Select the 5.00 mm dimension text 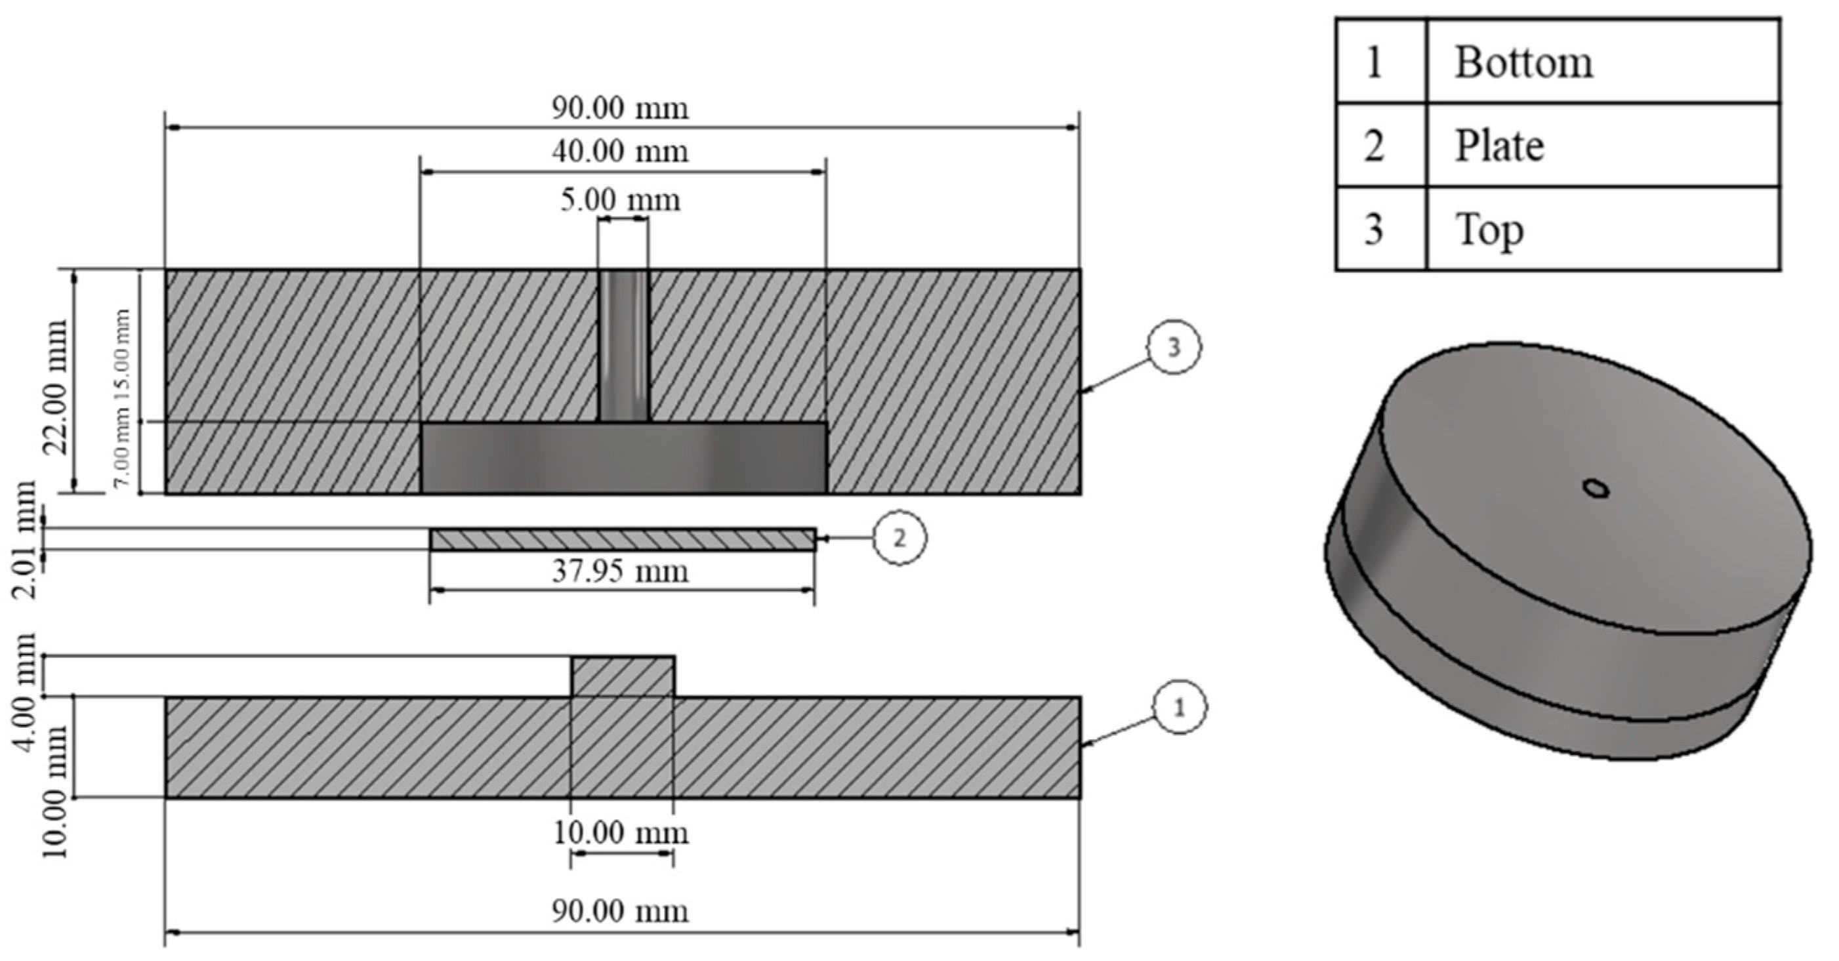pos(619,200)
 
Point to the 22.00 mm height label pos(56,386)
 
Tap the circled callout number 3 pos(1174,348)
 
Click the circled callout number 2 pos(899,539)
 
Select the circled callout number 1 pos(1180,708)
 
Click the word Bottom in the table pos(1523,63)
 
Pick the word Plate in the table pos(1499,146)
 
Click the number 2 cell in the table pos(1374,146)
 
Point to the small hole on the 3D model pos(1596,488)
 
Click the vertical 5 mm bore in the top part pos(623,346)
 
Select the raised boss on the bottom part pos(623,676)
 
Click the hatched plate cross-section pos(623,539)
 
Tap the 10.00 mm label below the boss pos(619,833)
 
